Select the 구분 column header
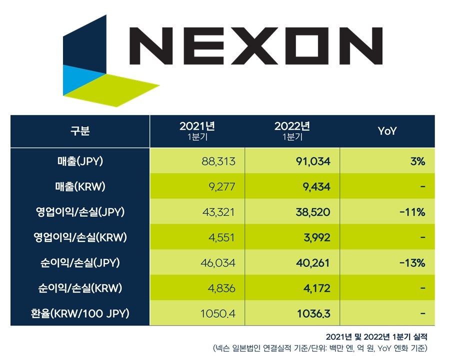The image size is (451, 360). pos(80,131)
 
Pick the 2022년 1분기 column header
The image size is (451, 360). pos(292,131)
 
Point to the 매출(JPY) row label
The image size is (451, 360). pos(80,161)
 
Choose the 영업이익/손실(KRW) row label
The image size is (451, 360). pos(80,237)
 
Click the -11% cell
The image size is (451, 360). pos(411,212)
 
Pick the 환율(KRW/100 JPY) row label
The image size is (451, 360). pos(80,314)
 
